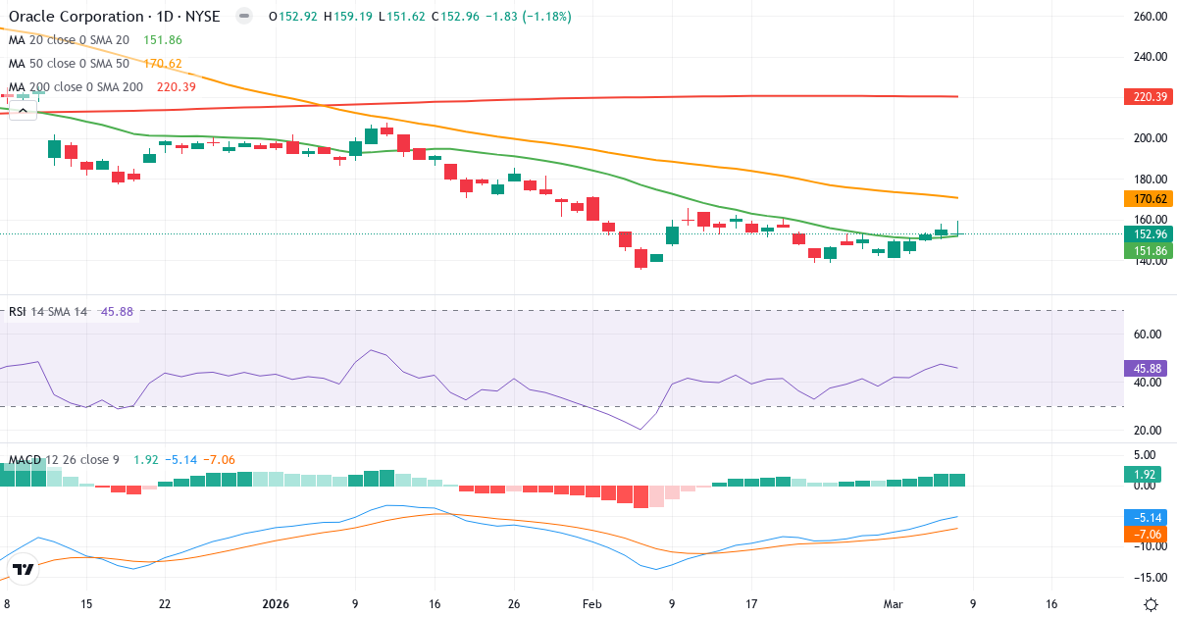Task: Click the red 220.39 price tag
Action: coord(1145,96)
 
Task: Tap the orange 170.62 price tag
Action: coord(1145,198)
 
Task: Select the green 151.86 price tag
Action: coord(1145,251)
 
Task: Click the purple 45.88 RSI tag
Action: coord(1145,369)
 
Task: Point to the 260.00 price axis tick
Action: coord(1149,17)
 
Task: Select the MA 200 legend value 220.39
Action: coord(177,87)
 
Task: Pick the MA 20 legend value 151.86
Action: coord(162,40)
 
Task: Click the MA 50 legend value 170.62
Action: coord(162,64)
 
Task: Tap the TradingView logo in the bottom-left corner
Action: coord(24,569)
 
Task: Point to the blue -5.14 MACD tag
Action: coord(1145,517)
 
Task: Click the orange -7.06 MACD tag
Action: coord(1145,534)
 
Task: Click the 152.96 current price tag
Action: coord(1145,233)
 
